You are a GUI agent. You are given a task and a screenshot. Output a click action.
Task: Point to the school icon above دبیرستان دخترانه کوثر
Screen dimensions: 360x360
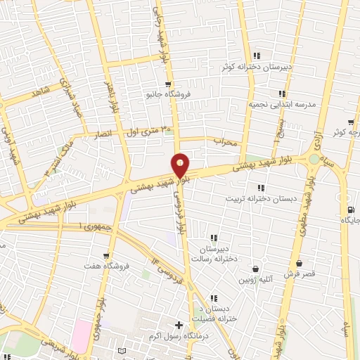click(257, 56)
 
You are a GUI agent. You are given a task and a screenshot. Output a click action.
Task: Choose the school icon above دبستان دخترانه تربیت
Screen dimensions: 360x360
click(261, 188)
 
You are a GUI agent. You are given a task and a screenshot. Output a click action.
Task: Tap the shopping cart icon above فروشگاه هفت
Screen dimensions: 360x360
click(106, 256)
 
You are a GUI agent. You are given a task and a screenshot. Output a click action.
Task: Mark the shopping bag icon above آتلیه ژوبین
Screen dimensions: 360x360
click(255, 267)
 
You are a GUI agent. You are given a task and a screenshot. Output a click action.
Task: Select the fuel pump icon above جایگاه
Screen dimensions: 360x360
click(349, 210)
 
